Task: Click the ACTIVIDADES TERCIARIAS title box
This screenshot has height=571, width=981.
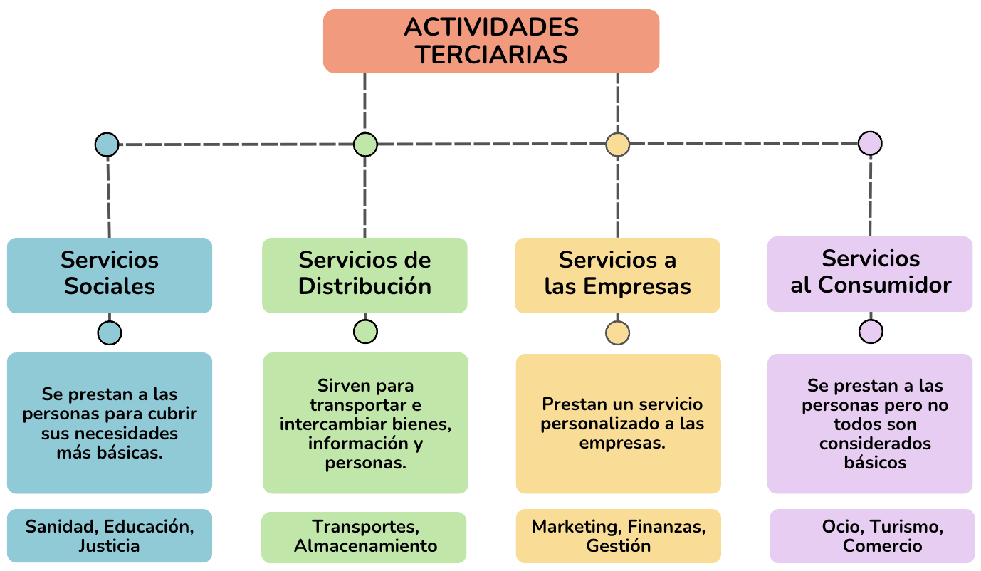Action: click(491, 41)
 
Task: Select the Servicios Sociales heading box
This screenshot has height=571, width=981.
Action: click(110, 275)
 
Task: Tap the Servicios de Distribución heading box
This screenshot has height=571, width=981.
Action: click(364, 275)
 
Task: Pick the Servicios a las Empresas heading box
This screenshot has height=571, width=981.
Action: click(617, 275)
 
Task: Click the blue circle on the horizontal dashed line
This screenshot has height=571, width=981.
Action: click(107, 145)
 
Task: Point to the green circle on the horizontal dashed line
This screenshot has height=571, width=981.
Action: click(365, 145)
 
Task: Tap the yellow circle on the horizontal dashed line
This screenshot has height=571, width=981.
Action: click(617, 145)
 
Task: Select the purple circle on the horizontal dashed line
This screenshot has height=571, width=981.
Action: click(870, 143)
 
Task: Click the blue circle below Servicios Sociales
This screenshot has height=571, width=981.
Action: click(110, 332)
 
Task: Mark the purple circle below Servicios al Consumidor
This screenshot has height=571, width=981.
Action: click(871, 331)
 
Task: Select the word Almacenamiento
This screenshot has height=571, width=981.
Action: click(366, 546)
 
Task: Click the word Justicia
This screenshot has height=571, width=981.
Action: click(110, 546)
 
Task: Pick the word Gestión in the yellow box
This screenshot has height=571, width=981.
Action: click(618, 546)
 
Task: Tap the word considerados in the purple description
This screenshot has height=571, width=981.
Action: click(875, 444)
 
